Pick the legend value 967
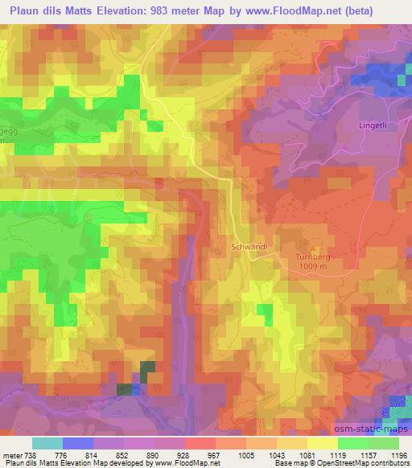coord(213,455)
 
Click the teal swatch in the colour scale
coord(47,443)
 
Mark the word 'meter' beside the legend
coord(11,455)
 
